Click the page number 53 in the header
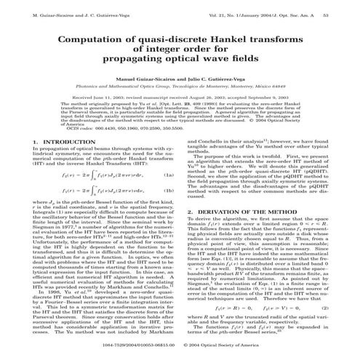(x=345, y=8)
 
